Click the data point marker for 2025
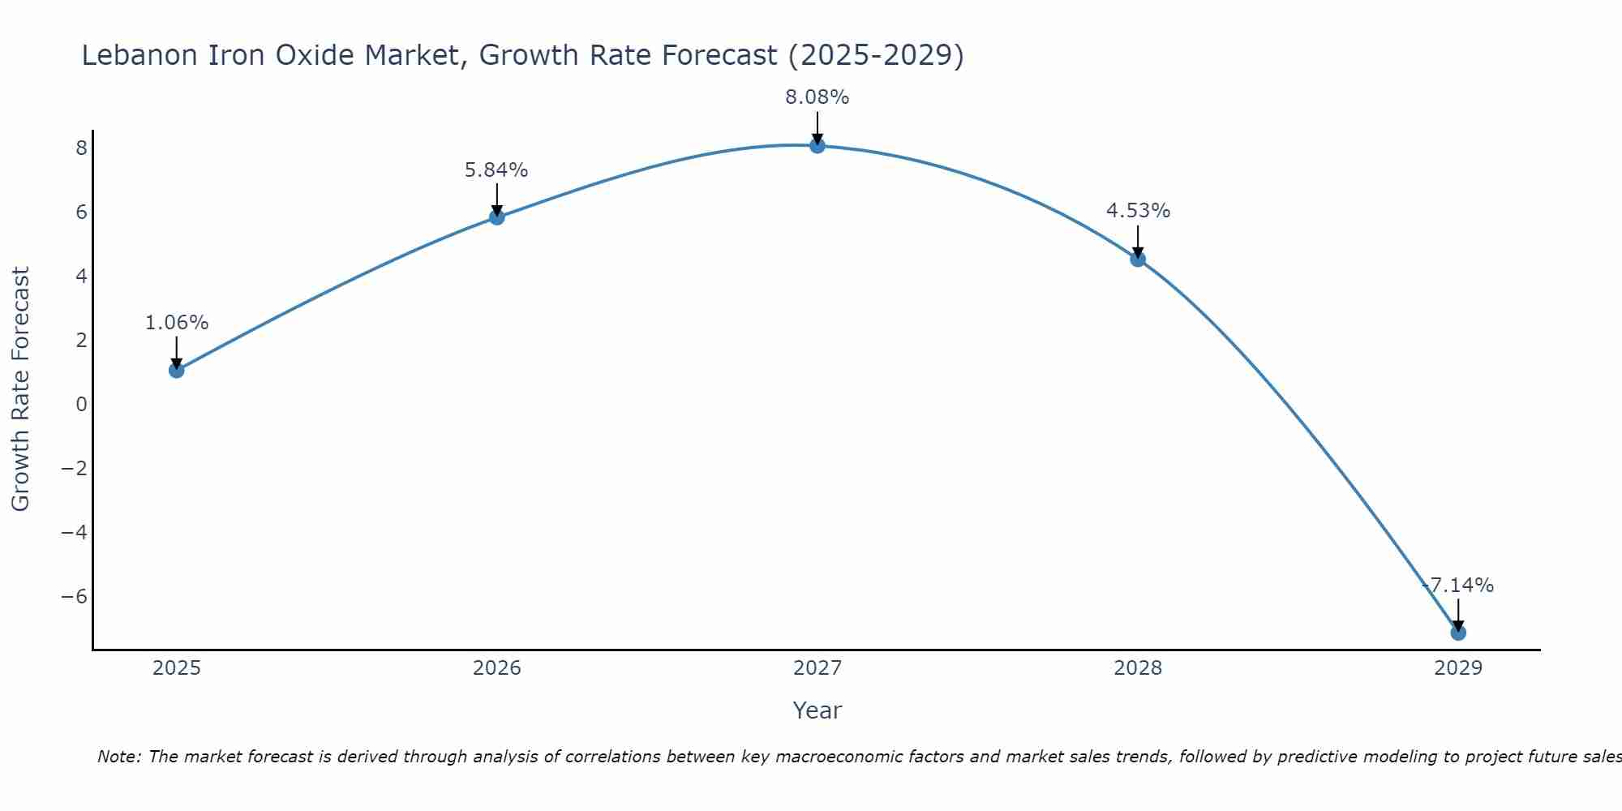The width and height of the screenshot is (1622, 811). tap(177, 371)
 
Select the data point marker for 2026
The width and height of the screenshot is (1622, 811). tap(497, 217)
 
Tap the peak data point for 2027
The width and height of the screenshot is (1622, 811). tap(817, 146)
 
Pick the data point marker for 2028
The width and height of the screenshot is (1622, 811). tap(1138, 260)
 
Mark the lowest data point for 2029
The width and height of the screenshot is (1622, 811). tap(1458, 633)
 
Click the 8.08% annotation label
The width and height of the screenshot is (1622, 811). tap(817, 97)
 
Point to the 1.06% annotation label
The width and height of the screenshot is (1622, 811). tap(177, 323)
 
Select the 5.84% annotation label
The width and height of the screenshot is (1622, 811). tap(496, 170)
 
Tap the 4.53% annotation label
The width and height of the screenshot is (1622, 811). tap(1138, 211)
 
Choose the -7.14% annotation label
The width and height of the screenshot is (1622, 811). tap(1458, 586)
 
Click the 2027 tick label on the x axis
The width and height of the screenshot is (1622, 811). tap(817, 668)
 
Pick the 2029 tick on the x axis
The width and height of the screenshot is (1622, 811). tap(1458, 668)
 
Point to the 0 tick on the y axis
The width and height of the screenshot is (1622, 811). tap(81, 404)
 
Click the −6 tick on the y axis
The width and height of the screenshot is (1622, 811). tap(75, 597)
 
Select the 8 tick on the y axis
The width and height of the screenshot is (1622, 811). tap(81, 148)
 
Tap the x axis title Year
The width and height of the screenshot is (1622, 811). tap(817, 710)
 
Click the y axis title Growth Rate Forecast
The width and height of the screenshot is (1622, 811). tap(20, 389)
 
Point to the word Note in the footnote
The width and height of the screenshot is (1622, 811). tap(118, 757)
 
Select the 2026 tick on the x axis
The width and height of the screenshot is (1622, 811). tap(497, 668)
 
